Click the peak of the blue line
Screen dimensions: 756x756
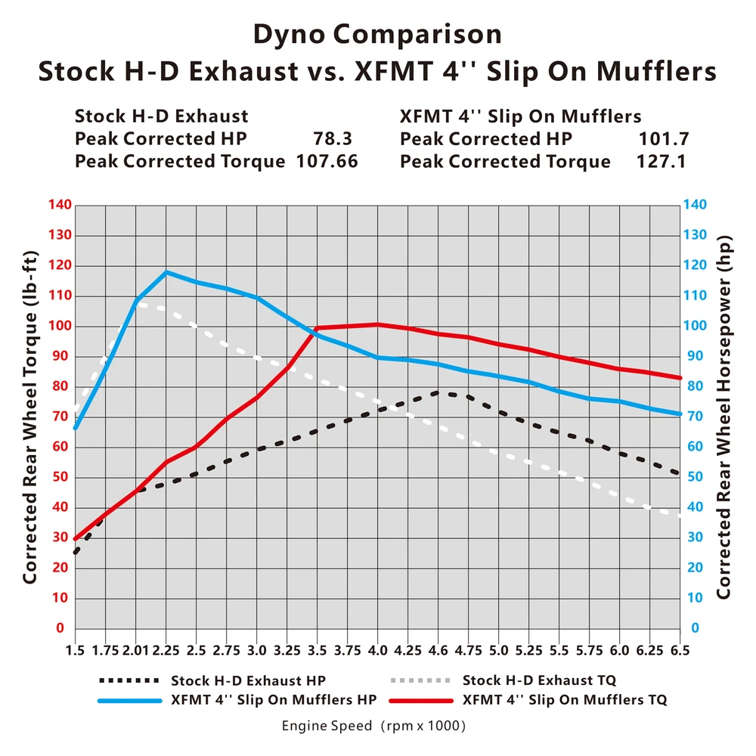[166, 272]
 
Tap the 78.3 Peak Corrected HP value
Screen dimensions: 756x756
[333, 139]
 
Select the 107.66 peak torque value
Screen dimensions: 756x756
[327, 161]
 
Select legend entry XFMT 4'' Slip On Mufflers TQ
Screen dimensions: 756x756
[564, 700]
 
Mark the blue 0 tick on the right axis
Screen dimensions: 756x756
[693, 628]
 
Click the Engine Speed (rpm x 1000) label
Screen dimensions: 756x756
[373, 727]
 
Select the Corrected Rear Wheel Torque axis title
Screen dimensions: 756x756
[29, 416]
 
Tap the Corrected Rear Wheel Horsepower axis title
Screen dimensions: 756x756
[723, 416]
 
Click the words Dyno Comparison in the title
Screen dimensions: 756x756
[377, 35]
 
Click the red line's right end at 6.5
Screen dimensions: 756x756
[680, 378]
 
